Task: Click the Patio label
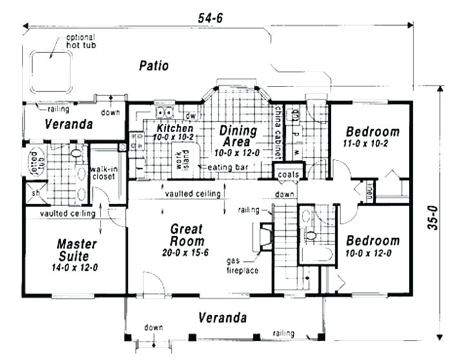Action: coord(153,65)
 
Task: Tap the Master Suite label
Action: coord(77,250)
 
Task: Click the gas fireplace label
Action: coord(241,265)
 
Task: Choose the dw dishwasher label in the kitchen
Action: coord(190,116)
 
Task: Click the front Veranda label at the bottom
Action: coord(222,317)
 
